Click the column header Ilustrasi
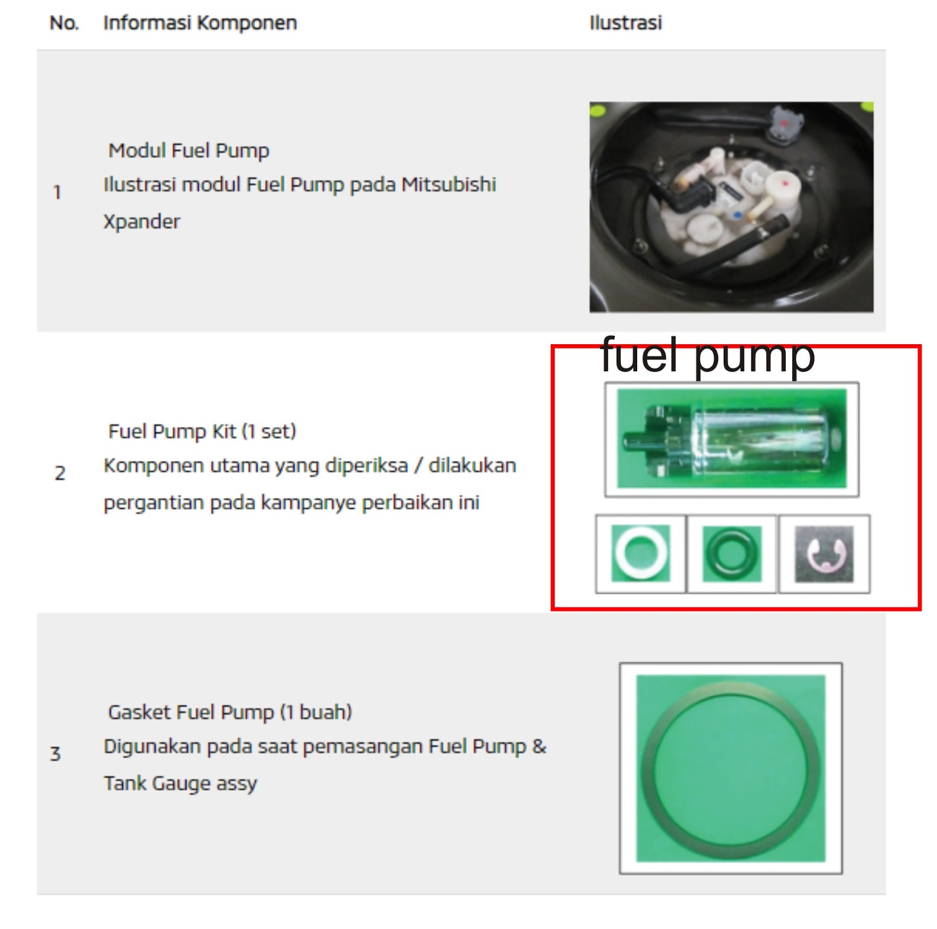(x=625, y=23)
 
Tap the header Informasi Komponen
(x=200, y=23)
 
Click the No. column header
(x=64, y=23)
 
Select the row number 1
(x=57, y=192)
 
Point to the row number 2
(x=60, y=473)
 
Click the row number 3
(x=56, y=753)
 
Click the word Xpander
(x=142, y=221)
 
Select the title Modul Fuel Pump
(x=189, y=150)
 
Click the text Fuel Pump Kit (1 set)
(x=202, y=431)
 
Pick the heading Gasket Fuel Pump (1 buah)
(x=230, y=712)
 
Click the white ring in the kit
(x=641, y=553)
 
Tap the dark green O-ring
(x=731, y=553)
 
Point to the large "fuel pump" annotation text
(x=707, y=355)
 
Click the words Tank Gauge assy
(x=180, y=783)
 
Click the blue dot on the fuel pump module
(x=738, y=215)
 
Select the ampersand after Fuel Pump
(x=539, y=746)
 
